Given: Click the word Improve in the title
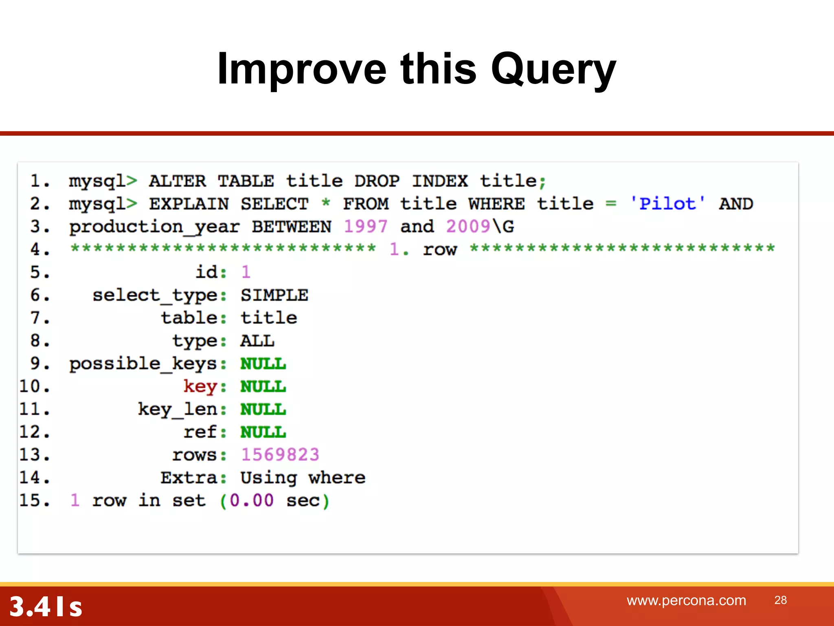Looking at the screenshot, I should point(301,69).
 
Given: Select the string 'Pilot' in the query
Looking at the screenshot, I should point(667,203).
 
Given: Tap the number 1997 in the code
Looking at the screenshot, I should point(365,226).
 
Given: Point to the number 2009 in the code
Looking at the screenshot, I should point(468,226).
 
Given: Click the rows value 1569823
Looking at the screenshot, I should point(280,454).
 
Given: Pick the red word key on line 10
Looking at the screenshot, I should point(200,386).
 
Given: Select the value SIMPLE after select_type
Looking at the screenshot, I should point(274,295).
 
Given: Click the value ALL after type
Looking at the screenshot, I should point(257,341).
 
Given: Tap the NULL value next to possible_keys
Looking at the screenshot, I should point(263,364).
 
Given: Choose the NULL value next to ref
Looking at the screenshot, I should point(263,432).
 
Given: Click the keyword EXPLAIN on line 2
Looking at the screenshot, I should point(189,203).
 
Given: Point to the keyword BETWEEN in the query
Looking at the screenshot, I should point(292,226).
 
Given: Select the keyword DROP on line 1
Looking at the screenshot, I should point(377,181).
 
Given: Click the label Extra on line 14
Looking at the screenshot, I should point(189,477).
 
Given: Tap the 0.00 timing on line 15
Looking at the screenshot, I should point(251,500).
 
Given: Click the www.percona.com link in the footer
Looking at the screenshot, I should point(686,600).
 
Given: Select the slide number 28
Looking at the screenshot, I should point(780,600).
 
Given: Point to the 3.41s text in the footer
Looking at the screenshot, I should point(46,606).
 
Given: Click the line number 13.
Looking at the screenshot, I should point(34,454).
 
